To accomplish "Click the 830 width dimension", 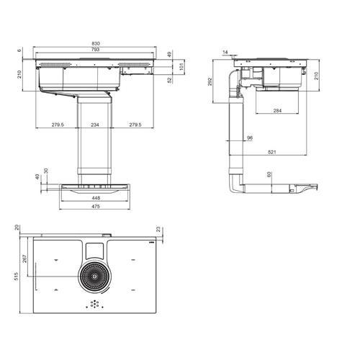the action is [96, 43].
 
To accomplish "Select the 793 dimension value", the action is [96, 50].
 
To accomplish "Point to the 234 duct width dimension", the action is [95, 125].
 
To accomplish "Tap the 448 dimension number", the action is [96, 198].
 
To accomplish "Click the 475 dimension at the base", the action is [96, 207].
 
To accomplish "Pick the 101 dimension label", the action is [181, 66].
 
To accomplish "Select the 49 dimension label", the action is [170, 55].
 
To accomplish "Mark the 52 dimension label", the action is [170, 80].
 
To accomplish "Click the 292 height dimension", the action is [210, 81].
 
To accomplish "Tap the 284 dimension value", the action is [277, 111].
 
